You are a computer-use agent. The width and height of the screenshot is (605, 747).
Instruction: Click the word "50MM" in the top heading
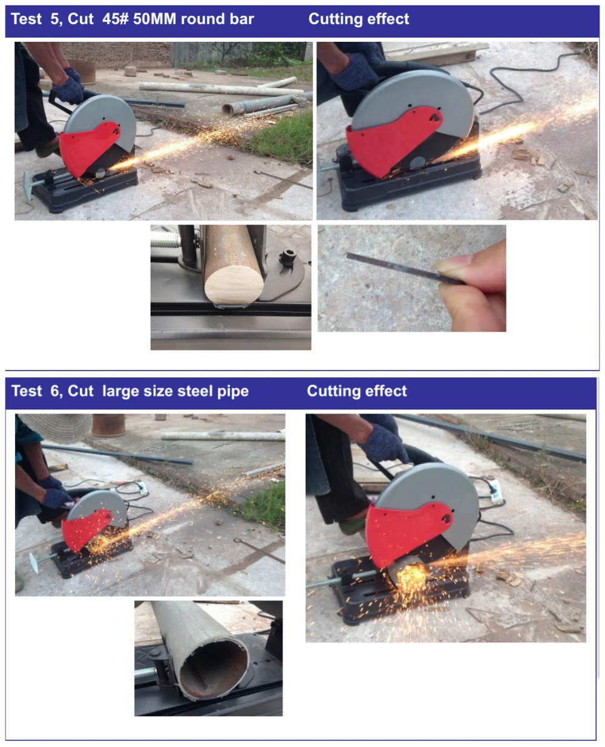(x=154, y=19)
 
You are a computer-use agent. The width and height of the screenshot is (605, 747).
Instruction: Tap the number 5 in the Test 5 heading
(x=54, y=19)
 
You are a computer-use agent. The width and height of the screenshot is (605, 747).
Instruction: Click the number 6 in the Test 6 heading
(x=54, y=391)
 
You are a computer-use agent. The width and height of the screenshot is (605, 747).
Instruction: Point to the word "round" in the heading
(x=200, y=19)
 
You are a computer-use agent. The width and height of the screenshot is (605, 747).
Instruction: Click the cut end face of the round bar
(x=234, y=286)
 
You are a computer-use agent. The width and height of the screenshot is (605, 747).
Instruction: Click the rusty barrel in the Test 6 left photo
(x=108, y=425)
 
